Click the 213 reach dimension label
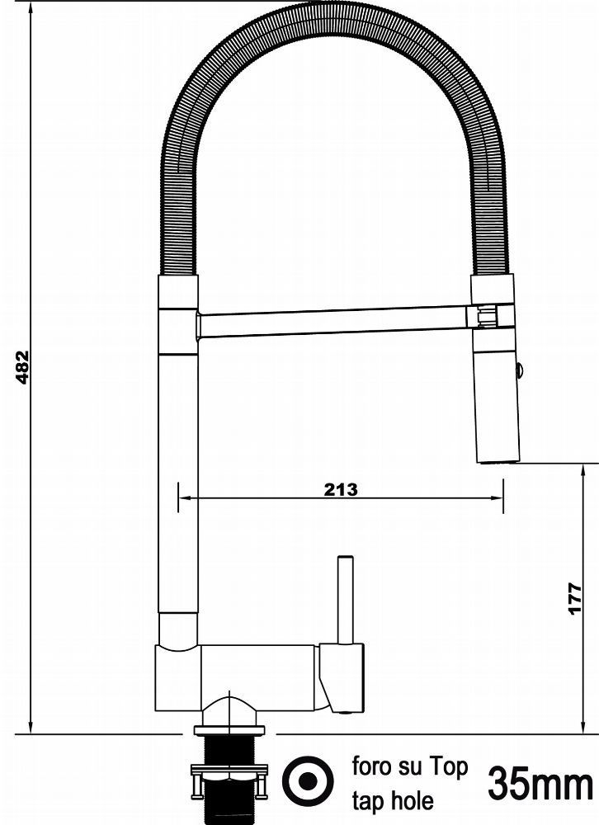tap(341, 489)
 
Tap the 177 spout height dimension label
tap(575, 597)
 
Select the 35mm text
tap(540, 784)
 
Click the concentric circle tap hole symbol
tap(308, 780)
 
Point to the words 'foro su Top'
tap(410, 766)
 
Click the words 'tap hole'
tap(394, 801)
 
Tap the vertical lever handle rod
tap(346, 599)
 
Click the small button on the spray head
tap(520, 370)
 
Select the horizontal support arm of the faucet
tap(332, 322)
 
